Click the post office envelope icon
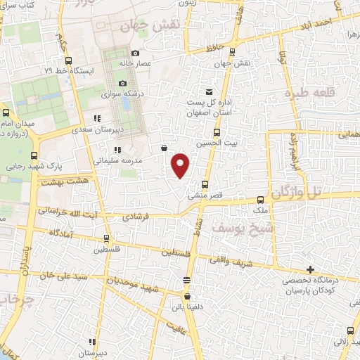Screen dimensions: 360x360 (208, 92)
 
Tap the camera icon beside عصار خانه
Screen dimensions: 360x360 (136, 53)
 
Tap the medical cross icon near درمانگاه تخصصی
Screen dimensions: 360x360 (310, 269)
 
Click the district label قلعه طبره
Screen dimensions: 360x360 (307, 93)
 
